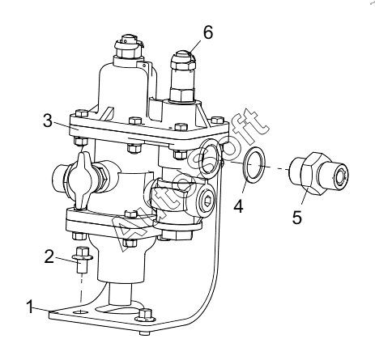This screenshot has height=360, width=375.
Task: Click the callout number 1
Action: click(30, 307)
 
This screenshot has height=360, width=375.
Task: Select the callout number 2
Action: click(49, 256)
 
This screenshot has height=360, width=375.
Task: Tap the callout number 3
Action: click(48, 121)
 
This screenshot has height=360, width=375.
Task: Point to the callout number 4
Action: click(238, 206)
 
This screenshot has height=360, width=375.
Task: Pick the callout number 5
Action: click(296, 218)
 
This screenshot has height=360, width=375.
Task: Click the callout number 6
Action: click(208, 32)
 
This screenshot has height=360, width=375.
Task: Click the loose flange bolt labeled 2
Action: click(83, 260)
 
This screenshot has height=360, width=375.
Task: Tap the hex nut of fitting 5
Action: click(313, 173)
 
